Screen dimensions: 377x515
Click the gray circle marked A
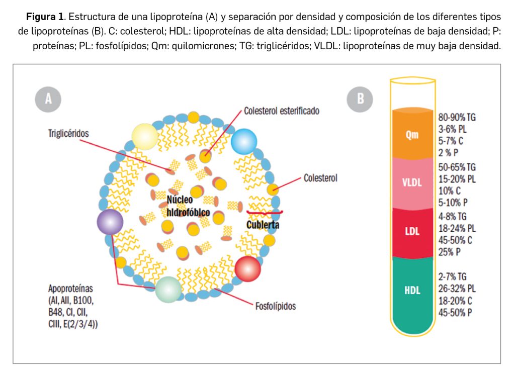[48, 99]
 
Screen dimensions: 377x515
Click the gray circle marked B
[360, 99]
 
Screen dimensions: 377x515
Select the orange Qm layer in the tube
[412, 135]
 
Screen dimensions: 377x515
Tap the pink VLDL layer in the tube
[412, 182]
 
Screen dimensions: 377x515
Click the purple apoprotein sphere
[110, 222]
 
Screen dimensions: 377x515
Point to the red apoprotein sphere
[247, 268]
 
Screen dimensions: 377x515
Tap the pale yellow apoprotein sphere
[145, 135]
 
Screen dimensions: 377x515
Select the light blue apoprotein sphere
[243, 142]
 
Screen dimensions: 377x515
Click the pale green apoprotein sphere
[167, 290]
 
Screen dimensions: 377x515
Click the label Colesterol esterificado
[281, 110]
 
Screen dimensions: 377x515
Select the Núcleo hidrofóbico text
[188, 207]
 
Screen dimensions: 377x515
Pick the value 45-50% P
[456, 313]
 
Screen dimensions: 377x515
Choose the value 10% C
[449, 191]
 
